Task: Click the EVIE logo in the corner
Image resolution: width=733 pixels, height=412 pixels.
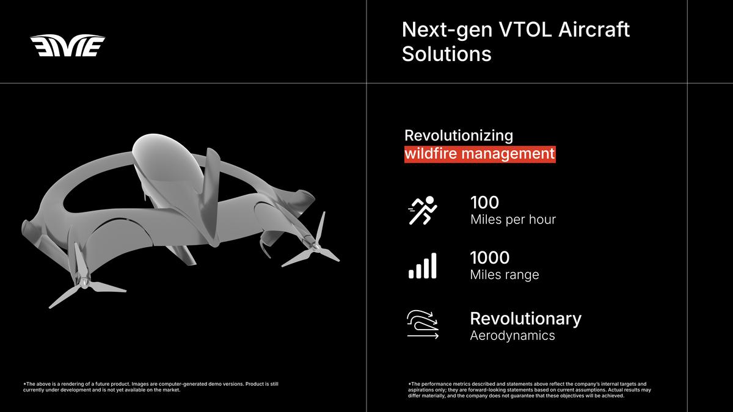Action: (x=67, y=45)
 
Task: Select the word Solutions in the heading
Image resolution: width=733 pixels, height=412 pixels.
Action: (x=447, y=54)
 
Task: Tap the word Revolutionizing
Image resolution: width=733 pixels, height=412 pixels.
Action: (x=459, y=136)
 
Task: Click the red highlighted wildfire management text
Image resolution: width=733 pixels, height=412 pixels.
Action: (x=480, y=154)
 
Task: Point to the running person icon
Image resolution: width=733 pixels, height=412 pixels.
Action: (x=423, y=211)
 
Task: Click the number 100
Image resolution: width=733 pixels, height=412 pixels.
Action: (x=484, y=203)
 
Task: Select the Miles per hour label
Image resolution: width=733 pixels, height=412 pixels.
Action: (x=513, y=219)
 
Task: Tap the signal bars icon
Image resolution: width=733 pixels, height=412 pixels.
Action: (x=423, y=266)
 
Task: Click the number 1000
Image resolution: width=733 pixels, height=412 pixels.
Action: (x=490, y=258)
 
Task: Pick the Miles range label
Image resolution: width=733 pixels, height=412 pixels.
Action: (x=505, y=275)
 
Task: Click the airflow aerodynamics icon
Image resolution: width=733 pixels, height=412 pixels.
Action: (x=423, y=324)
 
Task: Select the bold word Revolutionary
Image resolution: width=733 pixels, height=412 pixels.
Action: (x=526, y=319)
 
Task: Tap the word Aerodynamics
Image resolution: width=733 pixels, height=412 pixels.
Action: (x=512, y=336)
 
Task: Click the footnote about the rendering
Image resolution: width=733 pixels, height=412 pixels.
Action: (x=151, y=387)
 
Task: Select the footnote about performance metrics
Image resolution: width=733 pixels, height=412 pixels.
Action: (x=530, y=390)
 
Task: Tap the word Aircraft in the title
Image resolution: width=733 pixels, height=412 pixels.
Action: (x=594, y=30)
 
